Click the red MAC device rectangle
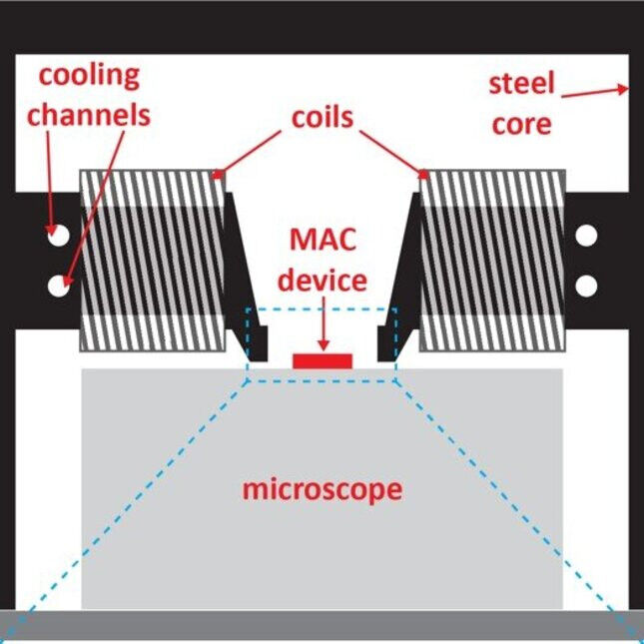[322, 358]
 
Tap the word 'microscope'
[322, 490]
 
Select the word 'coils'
[322, 117]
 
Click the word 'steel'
[521, 83]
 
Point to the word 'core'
[522, 124]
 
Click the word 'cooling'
[89, 75]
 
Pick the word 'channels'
[89, 114]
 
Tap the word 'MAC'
[322, 240]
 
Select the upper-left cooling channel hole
[58, 236]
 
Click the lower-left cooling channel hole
[58, 285]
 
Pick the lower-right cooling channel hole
[586, 285]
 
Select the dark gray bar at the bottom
[322, 626]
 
